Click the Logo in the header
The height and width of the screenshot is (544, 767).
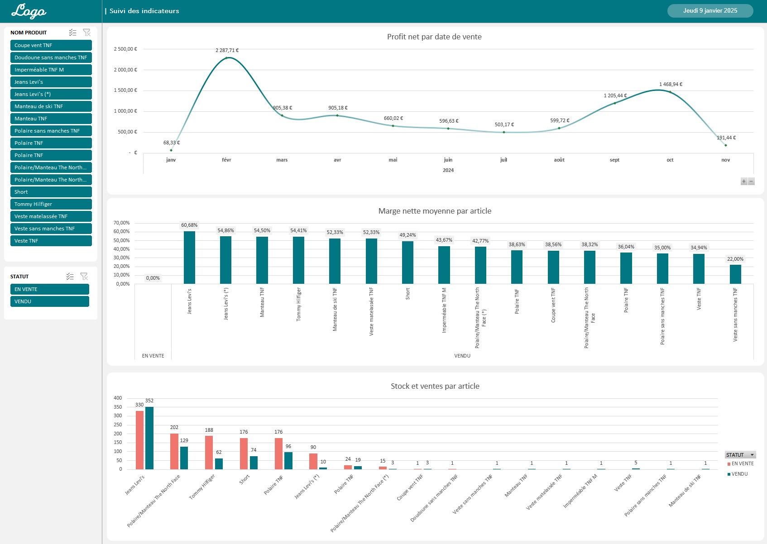coord(29,11)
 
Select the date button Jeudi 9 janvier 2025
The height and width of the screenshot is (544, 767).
coord(710,11)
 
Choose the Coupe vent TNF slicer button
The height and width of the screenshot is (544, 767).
coord(51,45)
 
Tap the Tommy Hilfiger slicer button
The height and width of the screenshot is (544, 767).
coord(51,204)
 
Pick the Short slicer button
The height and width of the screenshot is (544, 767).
coord(51,192)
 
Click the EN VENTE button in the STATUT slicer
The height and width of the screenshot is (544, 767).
coord(49,289)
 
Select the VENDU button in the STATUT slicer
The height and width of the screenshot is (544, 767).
coord(49,301)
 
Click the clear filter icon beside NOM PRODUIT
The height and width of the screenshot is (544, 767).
coord(87,33)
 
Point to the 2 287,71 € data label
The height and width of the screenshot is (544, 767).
coord(227,50)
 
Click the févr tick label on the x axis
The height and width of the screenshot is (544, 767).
coord(226,160)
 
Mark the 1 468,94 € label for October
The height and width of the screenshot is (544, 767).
coord(671,84)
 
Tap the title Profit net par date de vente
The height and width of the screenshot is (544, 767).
coord(434,37)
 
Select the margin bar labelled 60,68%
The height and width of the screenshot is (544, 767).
coord(189,258)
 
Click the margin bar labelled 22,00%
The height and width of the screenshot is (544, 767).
coord(735,274)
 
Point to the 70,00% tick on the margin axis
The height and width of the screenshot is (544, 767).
coord(121,223)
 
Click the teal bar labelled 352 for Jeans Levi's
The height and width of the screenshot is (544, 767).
coord(149,438)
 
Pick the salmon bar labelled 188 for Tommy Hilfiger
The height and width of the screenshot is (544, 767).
coord(209,452)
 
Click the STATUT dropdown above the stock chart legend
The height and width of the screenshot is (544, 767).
coord(740,455)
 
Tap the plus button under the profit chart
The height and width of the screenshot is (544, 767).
coord(743,181)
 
